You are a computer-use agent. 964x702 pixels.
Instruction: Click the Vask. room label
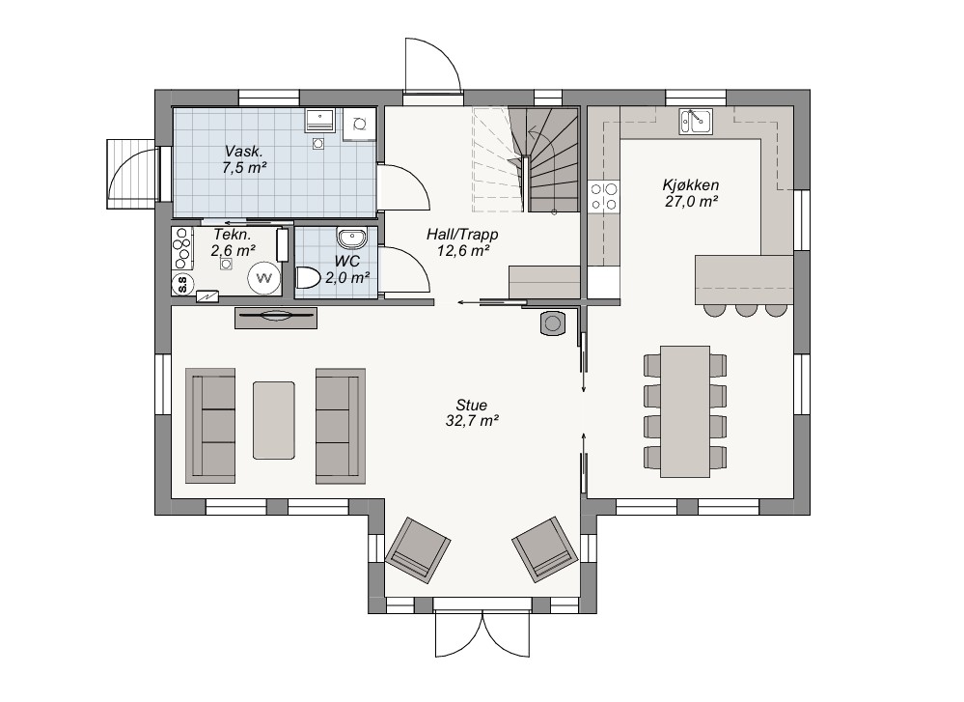click(x=244, y=152)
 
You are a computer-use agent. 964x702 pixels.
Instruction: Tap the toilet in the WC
click(x=308, y=278)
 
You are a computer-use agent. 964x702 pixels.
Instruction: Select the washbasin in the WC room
click(x=351, y=237)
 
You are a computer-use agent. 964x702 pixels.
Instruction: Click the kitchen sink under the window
click(x=696, y=122)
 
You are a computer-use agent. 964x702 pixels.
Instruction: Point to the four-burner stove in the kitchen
click(x=604, y=197)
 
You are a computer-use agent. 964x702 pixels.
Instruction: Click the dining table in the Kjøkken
click(x=685, y=411)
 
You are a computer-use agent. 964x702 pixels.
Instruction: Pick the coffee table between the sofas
click(x=274, y=420)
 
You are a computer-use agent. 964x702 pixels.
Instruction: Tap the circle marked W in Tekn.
click(x=264, y=278)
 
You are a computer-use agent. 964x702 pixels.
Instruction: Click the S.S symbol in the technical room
click(x=182, y=284)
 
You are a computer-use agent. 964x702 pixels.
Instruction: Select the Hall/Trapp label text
click(x=462, y=235)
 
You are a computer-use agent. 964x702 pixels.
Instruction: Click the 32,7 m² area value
click(x=472, y=421)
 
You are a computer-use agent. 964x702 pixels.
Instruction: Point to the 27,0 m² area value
click(x=692, y=201)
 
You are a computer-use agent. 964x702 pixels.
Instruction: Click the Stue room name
click(x=472, y=405)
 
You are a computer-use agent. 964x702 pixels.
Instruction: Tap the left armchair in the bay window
click(x=418, y=550)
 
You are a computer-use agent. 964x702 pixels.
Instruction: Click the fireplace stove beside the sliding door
click(x=553, y=323)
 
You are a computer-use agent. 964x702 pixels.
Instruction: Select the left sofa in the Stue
click(x=210, y=426)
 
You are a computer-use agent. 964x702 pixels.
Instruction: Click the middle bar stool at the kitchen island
click(x=746, y=310)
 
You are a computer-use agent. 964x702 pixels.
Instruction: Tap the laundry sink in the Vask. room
click(x=320, y=120)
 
